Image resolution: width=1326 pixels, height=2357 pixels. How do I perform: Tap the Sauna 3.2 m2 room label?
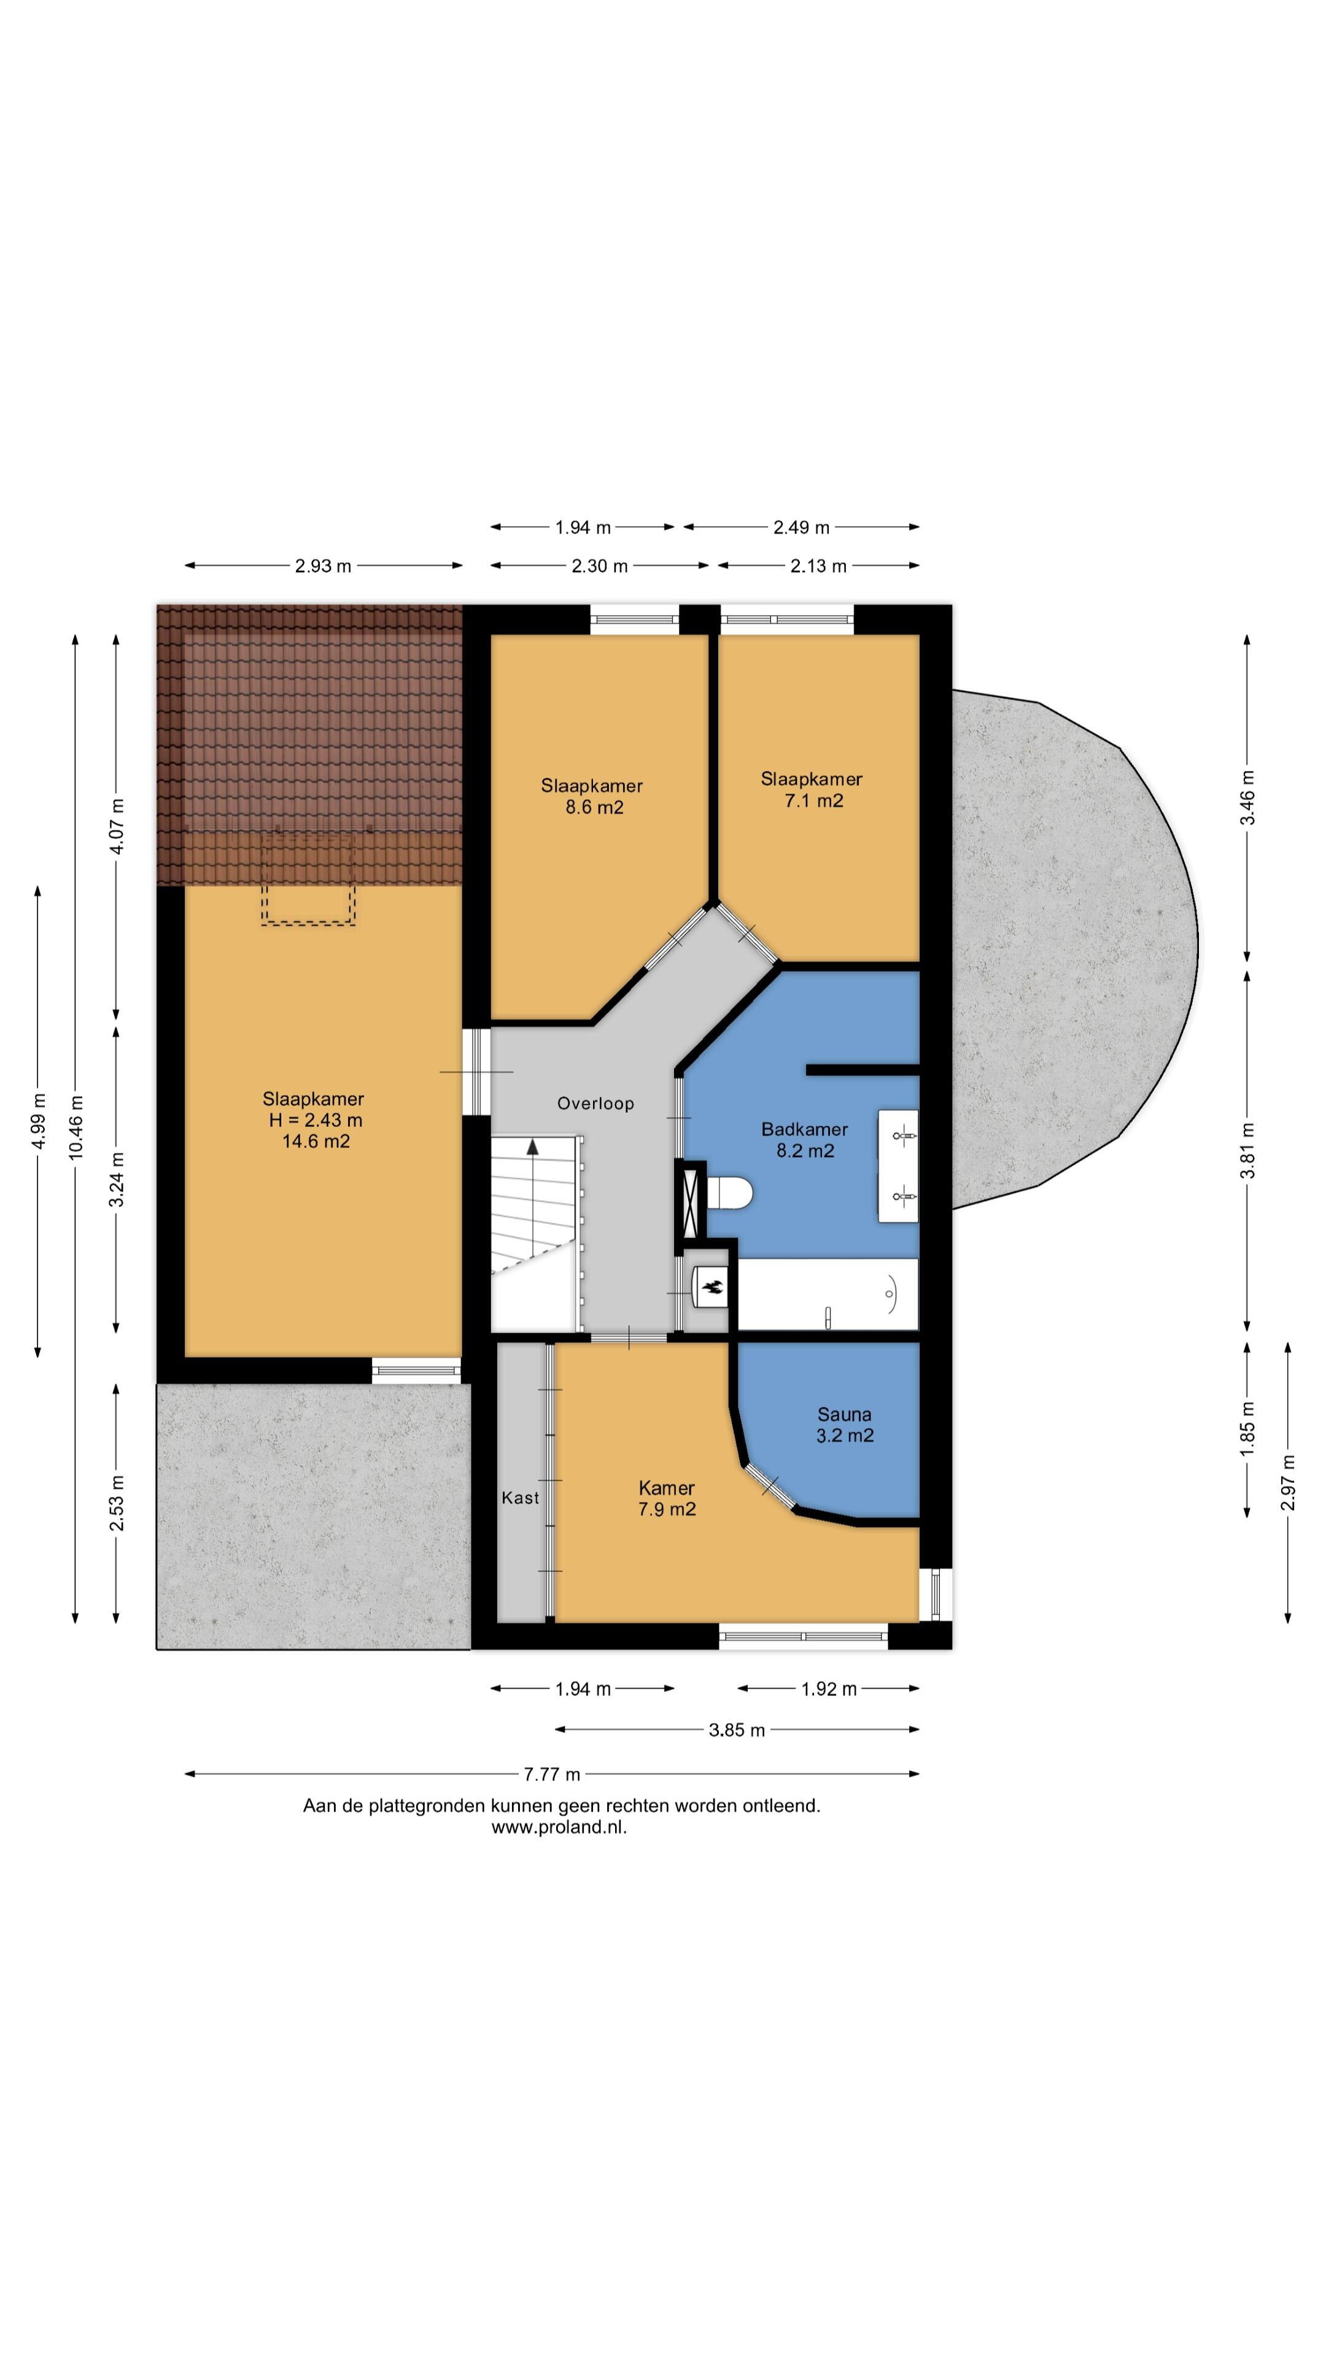click(843, 1425)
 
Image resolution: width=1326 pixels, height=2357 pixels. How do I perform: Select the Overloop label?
click(595, 1104)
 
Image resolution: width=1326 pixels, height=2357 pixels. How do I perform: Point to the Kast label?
click(520, 1498)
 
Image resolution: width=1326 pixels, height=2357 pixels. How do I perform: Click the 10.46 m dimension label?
click(76, 1128)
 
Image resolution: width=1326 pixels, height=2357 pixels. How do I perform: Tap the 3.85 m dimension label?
click(737, 1730)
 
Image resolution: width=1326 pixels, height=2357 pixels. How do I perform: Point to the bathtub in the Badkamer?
click(828, 1294)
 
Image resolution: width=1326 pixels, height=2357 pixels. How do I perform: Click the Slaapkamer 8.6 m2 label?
click(592, 796)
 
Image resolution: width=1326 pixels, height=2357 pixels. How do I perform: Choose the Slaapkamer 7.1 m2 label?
click(812, 789)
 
